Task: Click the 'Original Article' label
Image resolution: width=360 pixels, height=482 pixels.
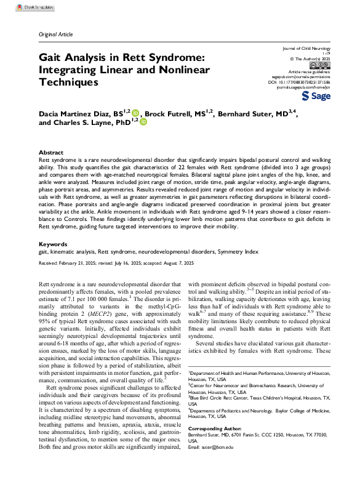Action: (55, 35)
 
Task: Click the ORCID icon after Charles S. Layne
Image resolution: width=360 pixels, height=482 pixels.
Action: (143, 123)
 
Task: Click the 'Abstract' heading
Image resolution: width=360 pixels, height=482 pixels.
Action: (50, 152)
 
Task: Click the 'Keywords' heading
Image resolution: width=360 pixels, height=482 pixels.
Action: (52, 262)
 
